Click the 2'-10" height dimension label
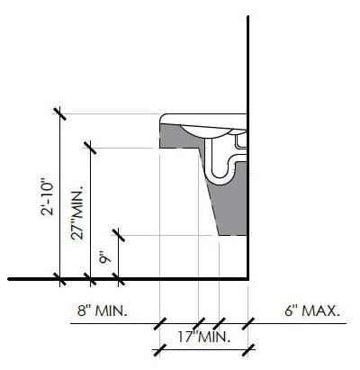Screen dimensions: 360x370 [47, 197]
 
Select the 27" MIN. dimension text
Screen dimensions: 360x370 [77, 212]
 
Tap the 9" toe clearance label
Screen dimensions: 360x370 [105, 257]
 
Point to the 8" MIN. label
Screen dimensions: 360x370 [103, 311]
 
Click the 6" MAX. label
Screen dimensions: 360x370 [312, 311]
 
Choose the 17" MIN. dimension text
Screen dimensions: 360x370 [204, 337]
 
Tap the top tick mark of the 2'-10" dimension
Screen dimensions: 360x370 [59, 113]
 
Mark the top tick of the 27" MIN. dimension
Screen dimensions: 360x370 [90, 148]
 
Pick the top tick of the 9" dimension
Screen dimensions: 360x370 [118, 235]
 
